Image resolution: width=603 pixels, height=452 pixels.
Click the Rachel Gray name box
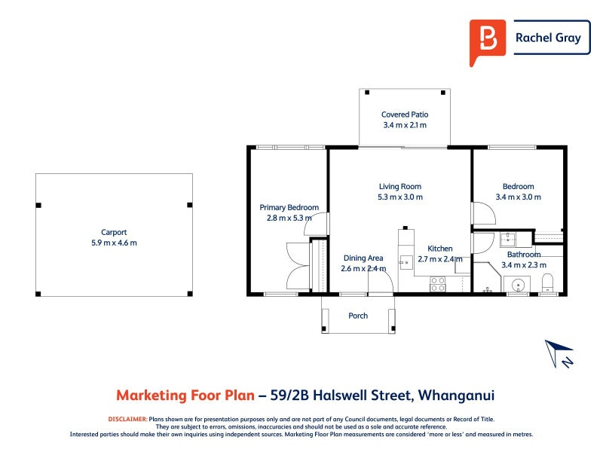coord(548,38)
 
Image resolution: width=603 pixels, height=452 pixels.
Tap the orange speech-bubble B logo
coord(487,41)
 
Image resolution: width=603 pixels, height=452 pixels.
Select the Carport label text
coord(114,232)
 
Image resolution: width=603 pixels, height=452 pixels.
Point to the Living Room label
coord(399,186)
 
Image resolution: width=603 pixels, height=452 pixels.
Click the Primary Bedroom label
coord(289,207)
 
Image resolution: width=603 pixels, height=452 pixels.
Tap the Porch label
coord(358,316)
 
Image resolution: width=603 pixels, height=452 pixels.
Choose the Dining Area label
coord(363,258)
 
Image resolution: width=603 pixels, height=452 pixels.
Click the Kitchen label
coord(440,249)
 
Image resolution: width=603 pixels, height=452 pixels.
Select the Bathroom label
coord(524,255)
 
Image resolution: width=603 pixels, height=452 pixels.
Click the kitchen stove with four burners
coord(437,284)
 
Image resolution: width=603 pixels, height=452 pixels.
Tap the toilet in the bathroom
coord(548,283)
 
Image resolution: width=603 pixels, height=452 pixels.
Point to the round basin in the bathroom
coord(518,286)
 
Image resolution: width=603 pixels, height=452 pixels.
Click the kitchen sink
coord(405,262)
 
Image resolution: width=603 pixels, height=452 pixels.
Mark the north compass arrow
coord(559,353)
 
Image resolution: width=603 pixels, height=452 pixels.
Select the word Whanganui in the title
coord(455,395)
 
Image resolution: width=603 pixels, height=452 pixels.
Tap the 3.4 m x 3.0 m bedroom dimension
coord(518,197)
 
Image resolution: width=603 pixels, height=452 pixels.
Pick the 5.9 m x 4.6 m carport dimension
coord(114,243)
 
